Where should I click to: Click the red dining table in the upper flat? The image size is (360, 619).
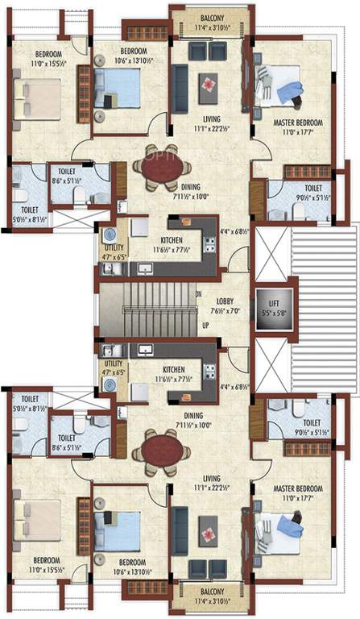click(x=152, y=170)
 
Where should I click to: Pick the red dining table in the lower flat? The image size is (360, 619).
click(x=152, y=448)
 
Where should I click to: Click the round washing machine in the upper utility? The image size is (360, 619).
click(x=109, y=233)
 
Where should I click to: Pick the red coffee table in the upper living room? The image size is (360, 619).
click(x=209, y=83)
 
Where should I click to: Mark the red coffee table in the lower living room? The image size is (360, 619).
click(x=209, y=535)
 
